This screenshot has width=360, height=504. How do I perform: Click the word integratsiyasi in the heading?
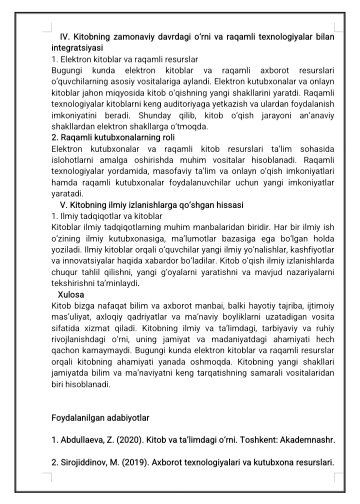point(77,49)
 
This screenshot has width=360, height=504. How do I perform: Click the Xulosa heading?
point(71,294)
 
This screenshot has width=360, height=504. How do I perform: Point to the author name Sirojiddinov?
point(82,463)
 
